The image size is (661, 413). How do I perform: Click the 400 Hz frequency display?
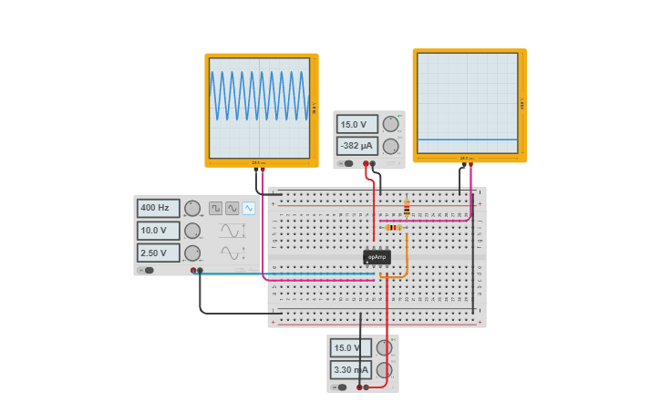(x=158, y=208)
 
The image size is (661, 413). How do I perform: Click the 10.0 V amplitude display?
(x=158, y=231)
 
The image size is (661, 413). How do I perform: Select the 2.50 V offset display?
(x=158, y=253)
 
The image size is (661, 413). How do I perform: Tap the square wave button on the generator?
(x=215, y=208)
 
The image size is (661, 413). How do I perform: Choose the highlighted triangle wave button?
(x=249, y=208)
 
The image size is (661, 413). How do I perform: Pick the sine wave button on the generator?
(x=232, y=208)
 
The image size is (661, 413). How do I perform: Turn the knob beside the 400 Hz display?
(x=192, y=208)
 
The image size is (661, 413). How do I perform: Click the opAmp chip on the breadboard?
(x=377, y=257)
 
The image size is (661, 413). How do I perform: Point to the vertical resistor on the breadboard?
(x=407, y=208)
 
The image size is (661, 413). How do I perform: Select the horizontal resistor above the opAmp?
(x=394, y=227)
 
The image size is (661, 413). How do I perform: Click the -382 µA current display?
(x=356, y=146)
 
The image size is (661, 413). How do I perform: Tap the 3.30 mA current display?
(x=351, y=369)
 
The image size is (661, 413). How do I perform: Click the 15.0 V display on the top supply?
(x=356, y=124)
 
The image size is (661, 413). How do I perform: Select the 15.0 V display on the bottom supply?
(x=351, y=347)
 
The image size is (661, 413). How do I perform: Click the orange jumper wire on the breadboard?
(x=407, y=255)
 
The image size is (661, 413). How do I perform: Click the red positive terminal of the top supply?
(x=366, y=164)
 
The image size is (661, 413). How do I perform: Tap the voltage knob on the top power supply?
(x=390, y=124)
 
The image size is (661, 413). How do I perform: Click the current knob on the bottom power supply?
(x=385, y=369)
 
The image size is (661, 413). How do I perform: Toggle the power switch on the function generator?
(x=148, y=270)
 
